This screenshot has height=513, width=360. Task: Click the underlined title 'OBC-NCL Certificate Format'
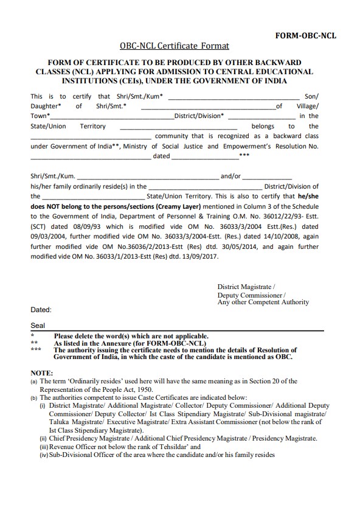(x=175, y=46)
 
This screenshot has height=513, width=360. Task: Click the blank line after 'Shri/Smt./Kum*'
(x=234, y=97)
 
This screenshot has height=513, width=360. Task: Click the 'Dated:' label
(x=41, y=310)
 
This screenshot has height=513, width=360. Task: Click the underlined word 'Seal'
(x=38, y=326)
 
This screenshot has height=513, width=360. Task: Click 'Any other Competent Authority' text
(x=263, y=302)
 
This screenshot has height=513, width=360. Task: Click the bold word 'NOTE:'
(x=42, y=371)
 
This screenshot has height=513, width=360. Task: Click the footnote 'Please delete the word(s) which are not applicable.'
(x=131, y=337)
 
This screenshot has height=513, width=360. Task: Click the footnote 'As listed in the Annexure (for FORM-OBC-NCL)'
(x=130, y=343)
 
